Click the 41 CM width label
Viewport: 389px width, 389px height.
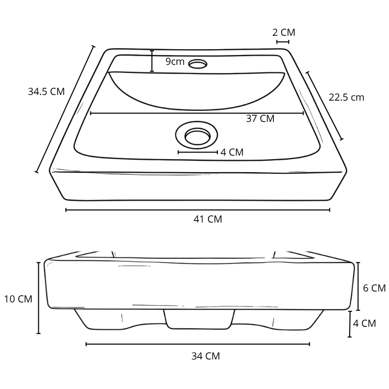click(x=207, y=219)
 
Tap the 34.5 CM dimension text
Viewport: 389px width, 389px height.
click(x=46, y=91)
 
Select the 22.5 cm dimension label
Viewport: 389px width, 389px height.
click(x=346, y=98)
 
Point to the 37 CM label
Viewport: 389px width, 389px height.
click(x=260, y=119)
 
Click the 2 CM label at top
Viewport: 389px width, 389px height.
click(x=284, y=33)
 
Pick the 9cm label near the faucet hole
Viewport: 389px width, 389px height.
click(x=175, y=62)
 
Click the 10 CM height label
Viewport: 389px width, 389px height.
click(x=18, y=299)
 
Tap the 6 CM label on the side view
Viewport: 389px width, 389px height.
click(x=374, y=288)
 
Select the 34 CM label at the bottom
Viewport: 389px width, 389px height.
click(x=206, y=356)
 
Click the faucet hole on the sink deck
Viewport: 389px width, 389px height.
click(x=198, y=64)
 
